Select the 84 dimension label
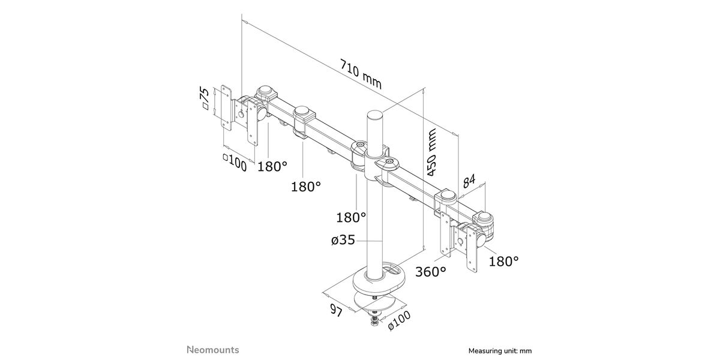[x=469, y=181]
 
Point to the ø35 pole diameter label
[x=343, y=240]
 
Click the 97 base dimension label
[x=337, y=311]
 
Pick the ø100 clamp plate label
[x=399, y=320]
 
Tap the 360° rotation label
[x=431, y=272]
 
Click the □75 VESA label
[x=205, y=98]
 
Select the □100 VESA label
[x=235, y=163]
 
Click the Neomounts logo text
[x=213, y=350]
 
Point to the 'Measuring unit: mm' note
[x=500, y=350]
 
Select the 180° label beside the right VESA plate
[x=503, y=262]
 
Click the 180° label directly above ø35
[x=351, y=218]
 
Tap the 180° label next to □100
[x=272, y=166]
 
